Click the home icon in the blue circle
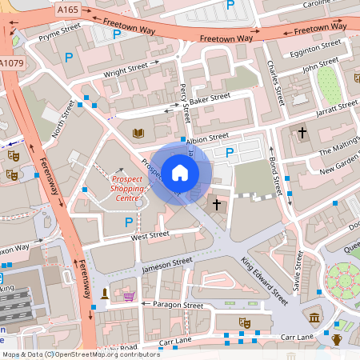click(x=180, y=172)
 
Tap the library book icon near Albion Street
click(x=138, y=131)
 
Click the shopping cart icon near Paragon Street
click(x=129, y=297)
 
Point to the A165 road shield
click(x=68, y=10)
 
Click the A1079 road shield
click(x=11, y=63)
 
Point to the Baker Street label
click(x=209, y=99)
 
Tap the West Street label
click(x=150, y=235)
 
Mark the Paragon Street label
click(x=181, y=305)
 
